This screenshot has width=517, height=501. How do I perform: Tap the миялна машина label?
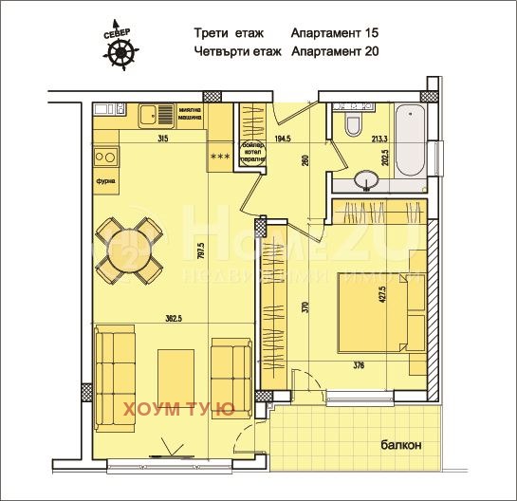point(193,115)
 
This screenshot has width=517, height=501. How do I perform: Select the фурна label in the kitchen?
point(104,177)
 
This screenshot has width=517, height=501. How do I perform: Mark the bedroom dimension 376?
point(360,364)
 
